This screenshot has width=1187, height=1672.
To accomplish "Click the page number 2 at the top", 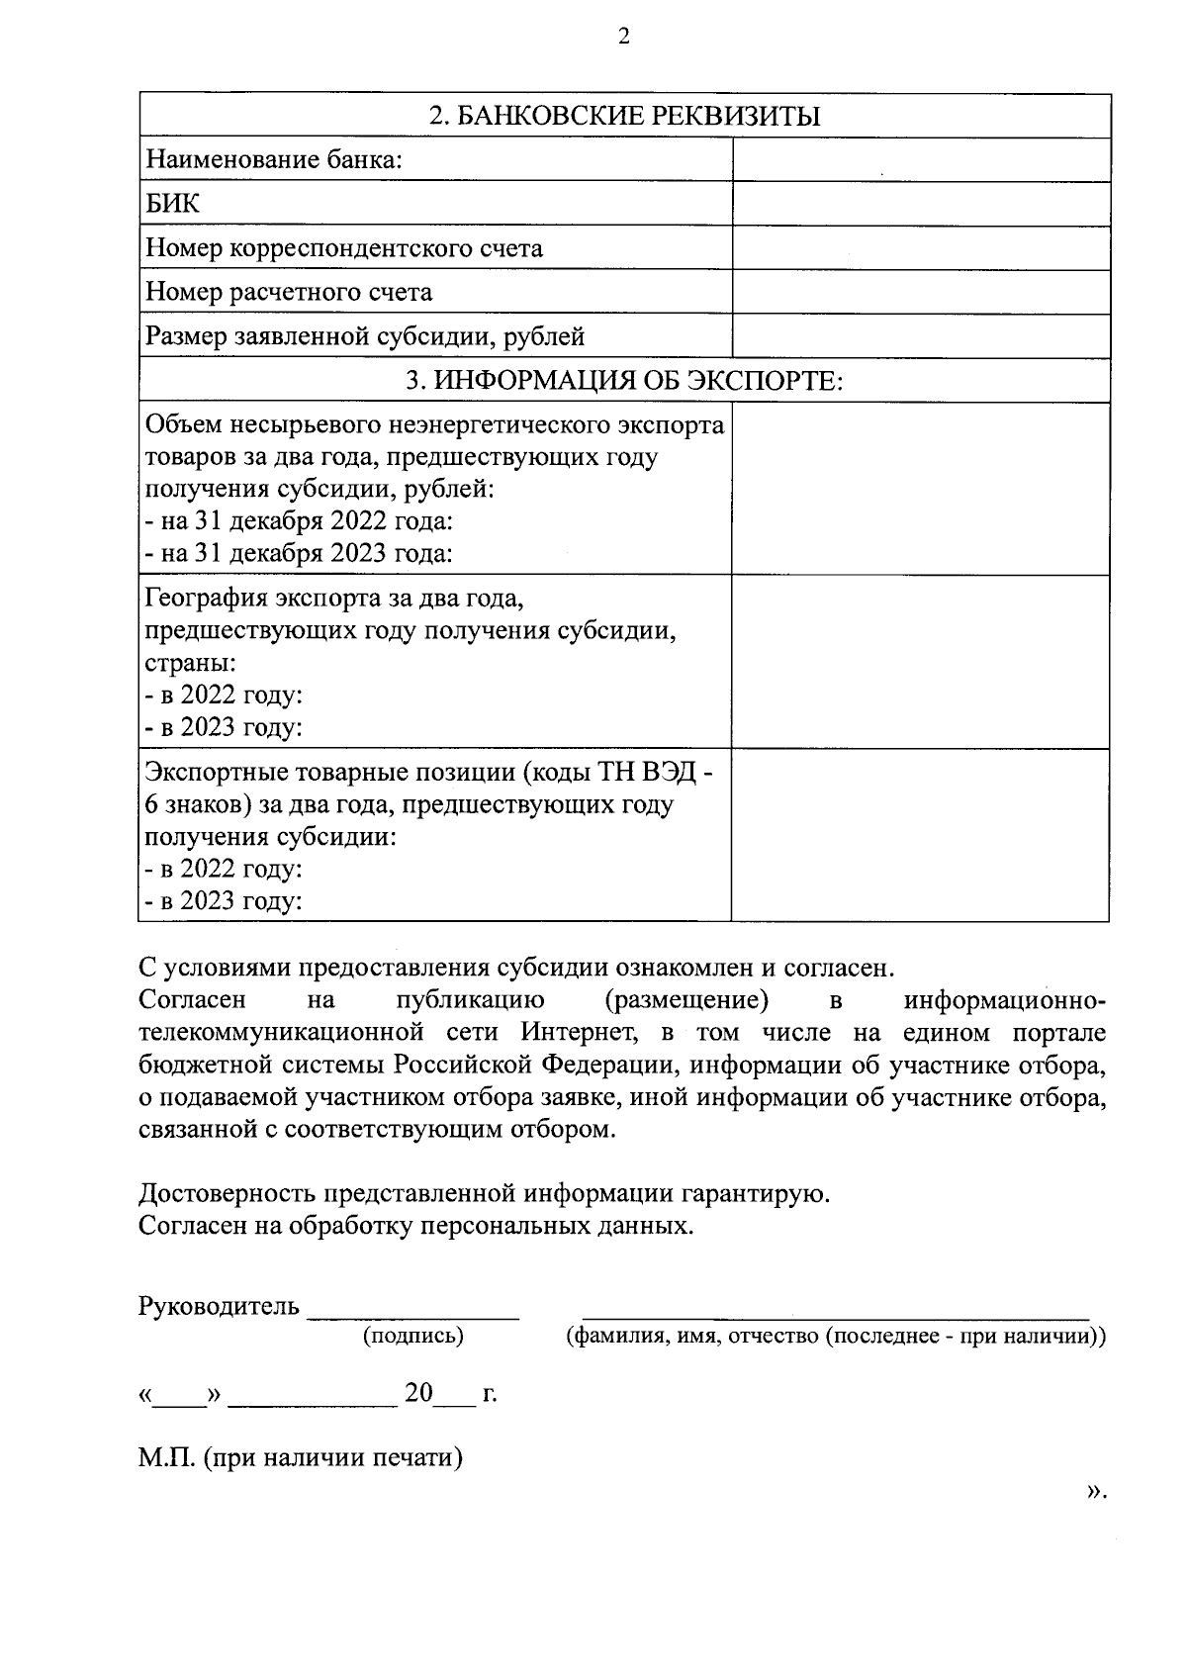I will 622,38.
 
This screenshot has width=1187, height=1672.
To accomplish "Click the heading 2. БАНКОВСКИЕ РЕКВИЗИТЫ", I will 624,117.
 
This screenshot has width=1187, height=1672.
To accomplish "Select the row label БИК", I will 172,204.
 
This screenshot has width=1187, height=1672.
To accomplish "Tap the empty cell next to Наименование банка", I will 920,159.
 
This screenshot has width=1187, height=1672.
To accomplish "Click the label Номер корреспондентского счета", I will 344,247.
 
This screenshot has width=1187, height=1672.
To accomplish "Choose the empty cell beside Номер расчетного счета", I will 920,292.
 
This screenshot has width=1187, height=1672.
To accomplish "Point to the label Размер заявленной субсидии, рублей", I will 365,336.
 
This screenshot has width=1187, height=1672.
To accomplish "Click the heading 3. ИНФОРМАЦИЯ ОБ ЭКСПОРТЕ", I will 624,381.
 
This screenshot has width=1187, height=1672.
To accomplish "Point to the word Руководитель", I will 219,1306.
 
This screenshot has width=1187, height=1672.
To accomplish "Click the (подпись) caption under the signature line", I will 413,1337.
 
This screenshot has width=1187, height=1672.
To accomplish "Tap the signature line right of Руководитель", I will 413,1314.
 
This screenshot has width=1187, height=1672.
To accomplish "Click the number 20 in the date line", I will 418,1393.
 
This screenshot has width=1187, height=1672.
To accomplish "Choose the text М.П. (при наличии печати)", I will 301,1457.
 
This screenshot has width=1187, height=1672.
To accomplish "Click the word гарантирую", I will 757,1193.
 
